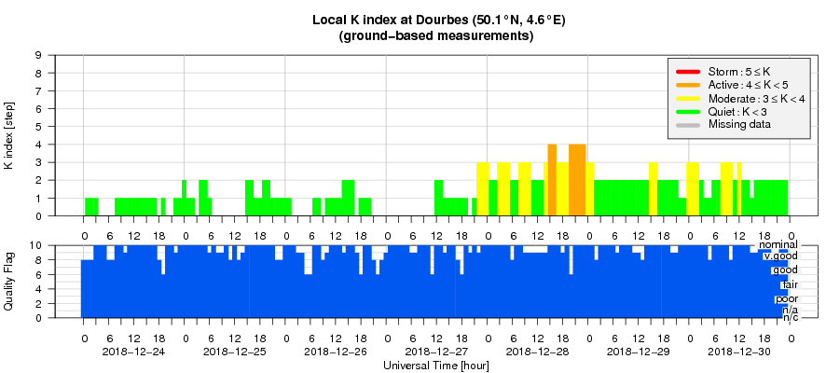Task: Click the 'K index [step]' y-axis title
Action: (9, 136)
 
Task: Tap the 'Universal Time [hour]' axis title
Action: (435, 366)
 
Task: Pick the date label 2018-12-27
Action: (436, 352)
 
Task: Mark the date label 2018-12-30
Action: (739, 352)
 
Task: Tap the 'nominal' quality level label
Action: (778, 245)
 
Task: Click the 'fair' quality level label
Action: (790, 284)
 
